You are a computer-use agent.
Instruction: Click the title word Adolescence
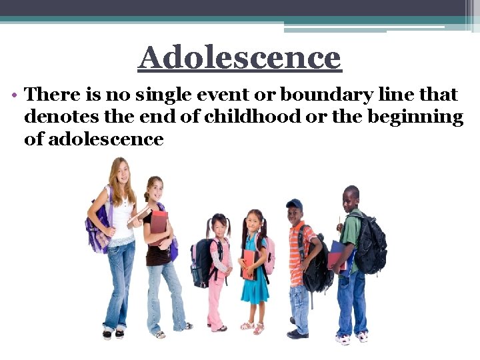pos(239,58)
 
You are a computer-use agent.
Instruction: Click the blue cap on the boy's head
pos(294,205)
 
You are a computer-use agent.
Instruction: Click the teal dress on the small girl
pos(254,280)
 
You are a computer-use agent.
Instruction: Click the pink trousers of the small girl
pos(217,299)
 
